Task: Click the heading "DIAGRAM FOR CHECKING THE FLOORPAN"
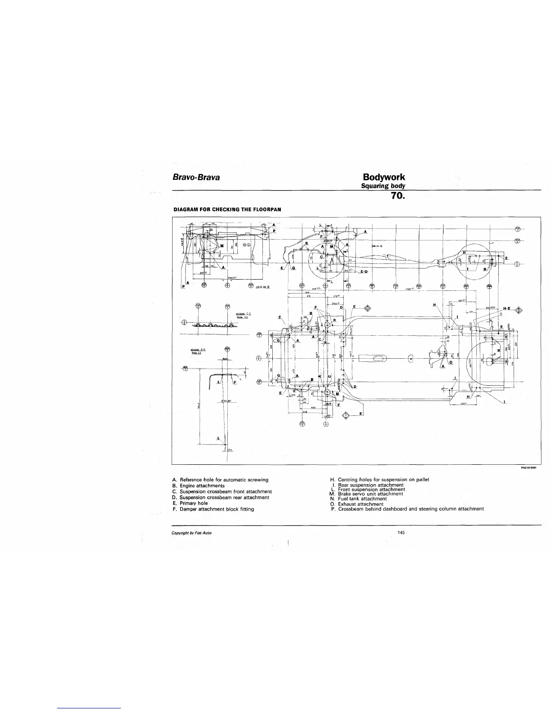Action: point(227,209)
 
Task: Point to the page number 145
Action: point(401,533)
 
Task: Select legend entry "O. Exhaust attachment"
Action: point(356,504)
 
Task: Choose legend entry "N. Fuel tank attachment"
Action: point(358,498)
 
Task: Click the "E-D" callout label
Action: point(363,271)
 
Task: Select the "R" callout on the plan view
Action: point(335,320)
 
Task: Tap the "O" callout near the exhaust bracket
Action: point(450,362)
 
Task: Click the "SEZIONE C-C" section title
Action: point(243,313)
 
